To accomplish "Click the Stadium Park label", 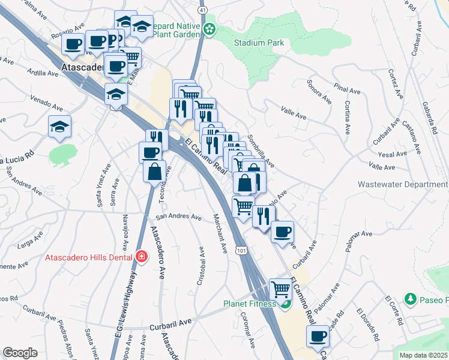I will coord(259,43).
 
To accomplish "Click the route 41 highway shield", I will coord(203,11).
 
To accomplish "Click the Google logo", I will coord(20,353).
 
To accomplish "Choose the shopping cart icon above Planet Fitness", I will coord(280,289).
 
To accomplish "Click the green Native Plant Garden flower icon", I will coord(209,29).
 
